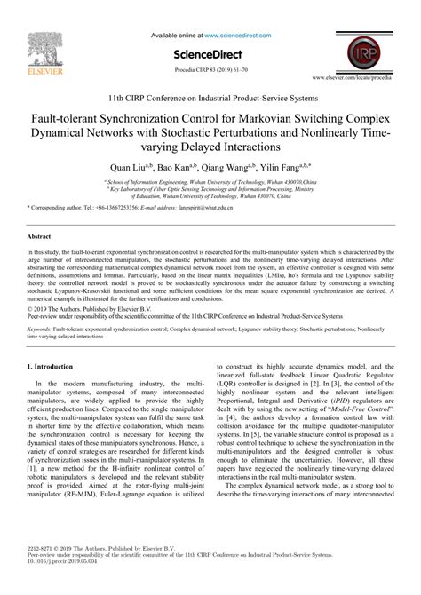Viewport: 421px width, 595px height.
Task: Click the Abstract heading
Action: pyautogui.click(x=39, y=238)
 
